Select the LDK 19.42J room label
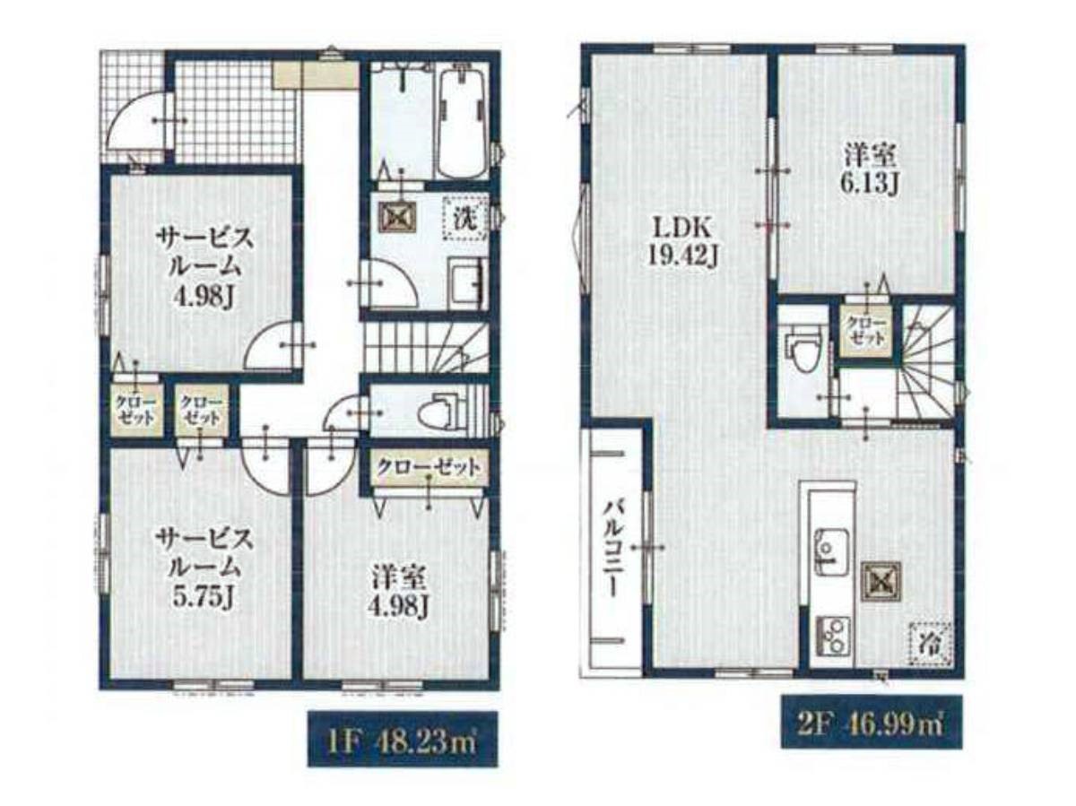(683, 243)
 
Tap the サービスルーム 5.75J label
(204, 568)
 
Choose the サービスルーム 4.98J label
(204, 268)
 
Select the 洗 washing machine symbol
(465, 217)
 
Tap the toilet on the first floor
(438, 411)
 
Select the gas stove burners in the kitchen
(832, 635)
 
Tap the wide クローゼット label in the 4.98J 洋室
(428, 467)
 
